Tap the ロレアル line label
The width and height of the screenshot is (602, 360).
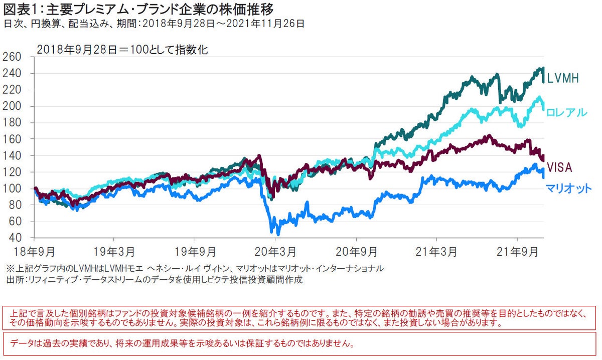566,112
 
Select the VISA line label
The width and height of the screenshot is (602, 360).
559,167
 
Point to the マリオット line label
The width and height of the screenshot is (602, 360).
568,189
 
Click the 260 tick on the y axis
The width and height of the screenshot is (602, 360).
13,57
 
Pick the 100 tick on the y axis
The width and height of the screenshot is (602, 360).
13,189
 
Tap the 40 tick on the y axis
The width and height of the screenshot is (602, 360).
15,238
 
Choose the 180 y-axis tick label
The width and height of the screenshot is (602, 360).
13,123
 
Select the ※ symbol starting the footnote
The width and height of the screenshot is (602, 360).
10,268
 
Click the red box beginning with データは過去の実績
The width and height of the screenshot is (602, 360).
300,344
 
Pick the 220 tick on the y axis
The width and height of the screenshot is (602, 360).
13,90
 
